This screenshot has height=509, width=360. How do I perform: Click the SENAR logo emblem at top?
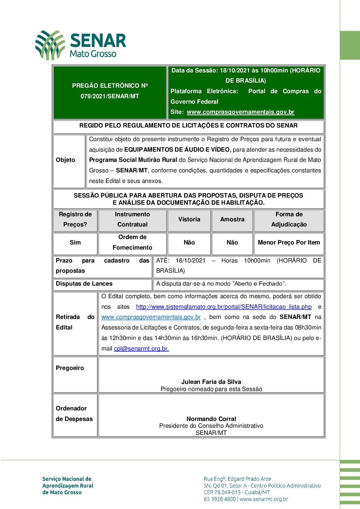[50, 45]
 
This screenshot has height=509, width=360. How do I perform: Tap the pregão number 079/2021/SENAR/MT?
[110, 96]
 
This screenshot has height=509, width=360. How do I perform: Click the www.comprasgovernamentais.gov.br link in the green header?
[240, 112]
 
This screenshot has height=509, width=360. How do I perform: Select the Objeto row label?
[65, 160]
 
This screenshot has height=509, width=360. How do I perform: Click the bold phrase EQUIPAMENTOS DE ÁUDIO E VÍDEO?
[178, 150]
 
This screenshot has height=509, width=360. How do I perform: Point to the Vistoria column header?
[189, 219]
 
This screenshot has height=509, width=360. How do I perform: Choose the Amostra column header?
[232, 219]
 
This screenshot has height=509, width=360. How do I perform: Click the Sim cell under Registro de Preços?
[75, 242]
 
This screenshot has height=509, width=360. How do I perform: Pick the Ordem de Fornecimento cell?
[132, 242]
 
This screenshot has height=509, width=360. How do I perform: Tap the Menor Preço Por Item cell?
[289, 242]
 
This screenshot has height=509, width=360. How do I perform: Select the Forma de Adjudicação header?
[289, 219]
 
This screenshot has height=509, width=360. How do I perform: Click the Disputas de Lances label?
[84, 284]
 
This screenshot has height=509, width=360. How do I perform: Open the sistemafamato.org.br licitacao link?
[224, 307]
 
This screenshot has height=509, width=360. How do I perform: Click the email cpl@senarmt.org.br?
[141, 349]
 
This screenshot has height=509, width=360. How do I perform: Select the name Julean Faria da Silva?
[211, 382]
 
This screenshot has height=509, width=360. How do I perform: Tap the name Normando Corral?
[211, 419]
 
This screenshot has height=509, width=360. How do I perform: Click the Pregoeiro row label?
[70, 368]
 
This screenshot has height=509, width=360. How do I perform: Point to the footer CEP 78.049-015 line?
[237, 492]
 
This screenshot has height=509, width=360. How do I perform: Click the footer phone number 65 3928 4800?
[220, 499]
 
